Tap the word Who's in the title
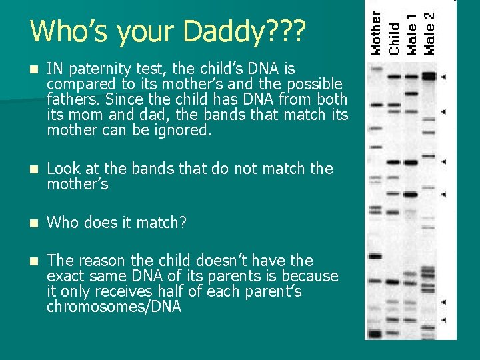tap(69, 31)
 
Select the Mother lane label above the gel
tap(377, 32)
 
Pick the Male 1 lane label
tap(412, 33)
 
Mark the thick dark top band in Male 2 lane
tap(428, 77)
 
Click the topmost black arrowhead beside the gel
tap(445, 77)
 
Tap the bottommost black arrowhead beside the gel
tap(445, 320)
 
